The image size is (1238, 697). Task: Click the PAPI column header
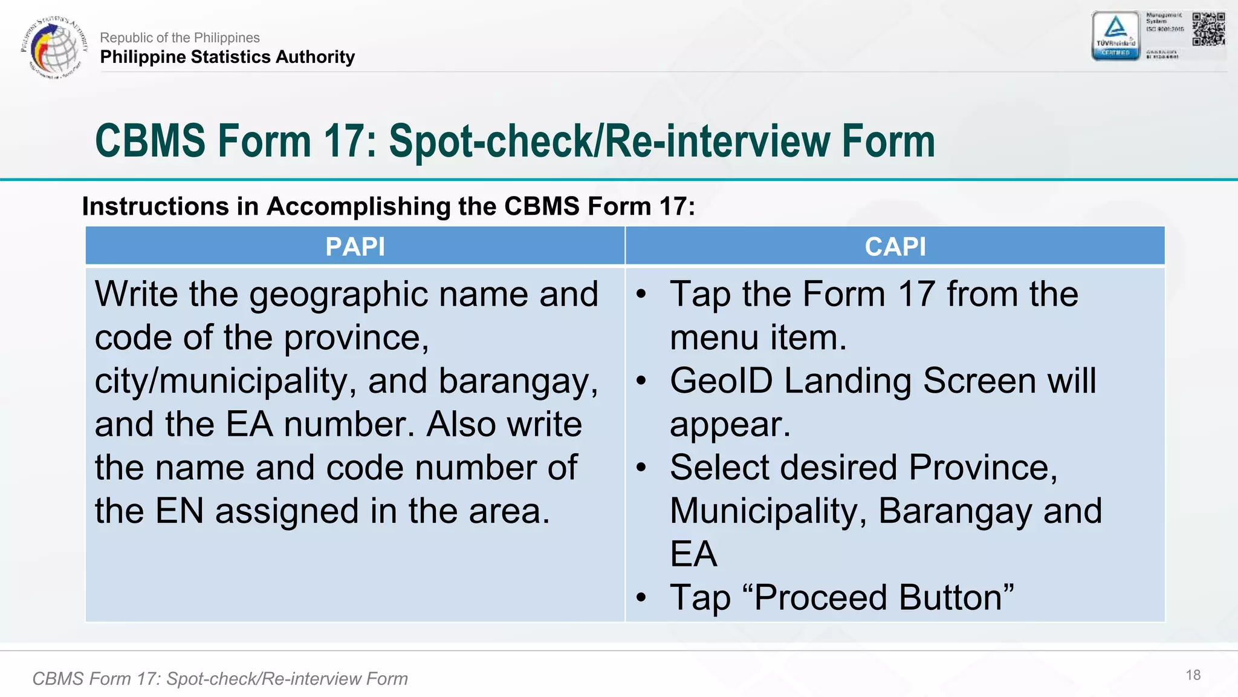tap(355, 247)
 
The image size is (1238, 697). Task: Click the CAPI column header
tap(895, 247)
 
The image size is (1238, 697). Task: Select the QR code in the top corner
tap(1208, 29)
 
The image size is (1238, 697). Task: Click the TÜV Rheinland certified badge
tap(1115, 36)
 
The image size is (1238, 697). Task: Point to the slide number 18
tap(1193, 675)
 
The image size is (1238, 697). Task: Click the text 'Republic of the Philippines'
tap(180, 38)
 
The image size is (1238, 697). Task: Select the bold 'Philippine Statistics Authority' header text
tap(227, 57)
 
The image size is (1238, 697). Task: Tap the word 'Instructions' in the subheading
tap(154, 206)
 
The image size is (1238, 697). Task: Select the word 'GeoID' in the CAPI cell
tap(721, 381)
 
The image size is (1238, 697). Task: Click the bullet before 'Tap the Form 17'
tap(641, 295)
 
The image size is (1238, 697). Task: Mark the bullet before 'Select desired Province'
tap(641, 468)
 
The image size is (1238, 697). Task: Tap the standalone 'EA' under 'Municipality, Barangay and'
tap(693, 554)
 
